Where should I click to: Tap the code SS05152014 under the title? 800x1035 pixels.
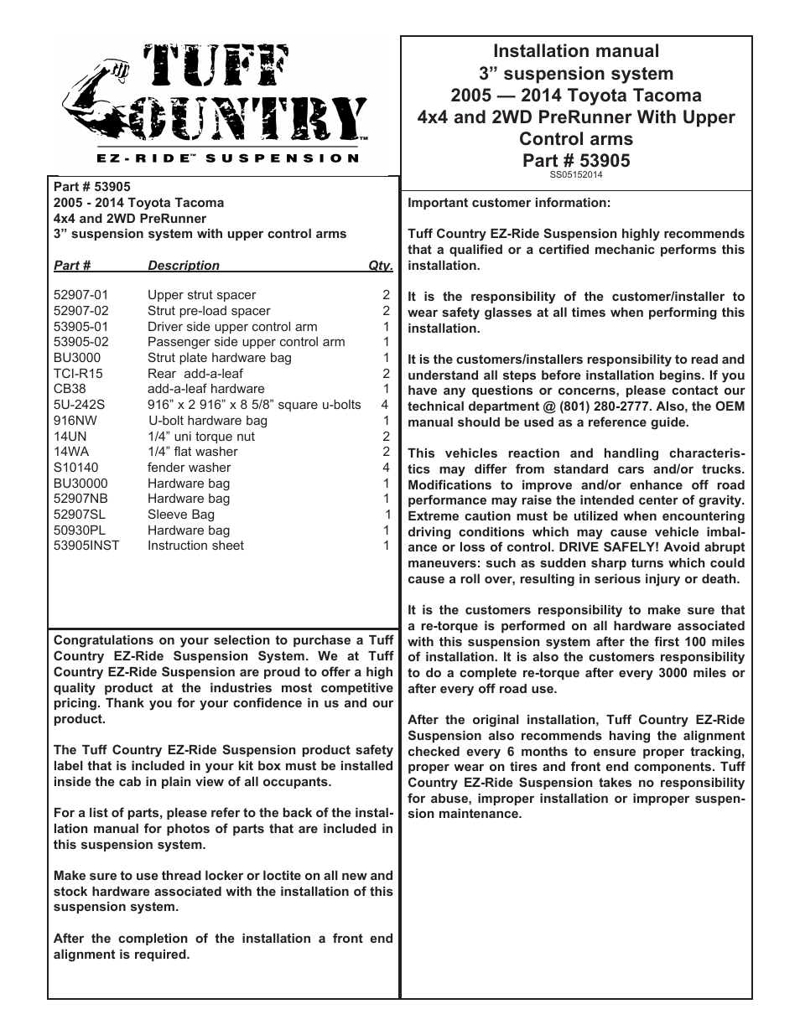[x=576, y=175]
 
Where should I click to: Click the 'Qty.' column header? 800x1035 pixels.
[x=380, y=266]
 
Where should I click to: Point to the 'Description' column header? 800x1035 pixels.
[x=184, y=266]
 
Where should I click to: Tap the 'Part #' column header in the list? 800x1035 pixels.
[x=72, y=266]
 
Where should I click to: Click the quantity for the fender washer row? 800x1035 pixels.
[x=386, y=468]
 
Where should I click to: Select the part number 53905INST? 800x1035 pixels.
[x=86, y=546]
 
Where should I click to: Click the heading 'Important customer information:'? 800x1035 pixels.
[x=509, y=203]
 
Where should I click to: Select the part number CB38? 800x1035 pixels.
[x=70, y=389]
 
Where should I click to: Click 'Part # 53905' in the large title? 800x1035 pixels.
[x=575, y=160]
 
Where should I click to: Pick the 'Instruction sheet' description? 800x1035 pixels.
[x=195, y=546]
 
